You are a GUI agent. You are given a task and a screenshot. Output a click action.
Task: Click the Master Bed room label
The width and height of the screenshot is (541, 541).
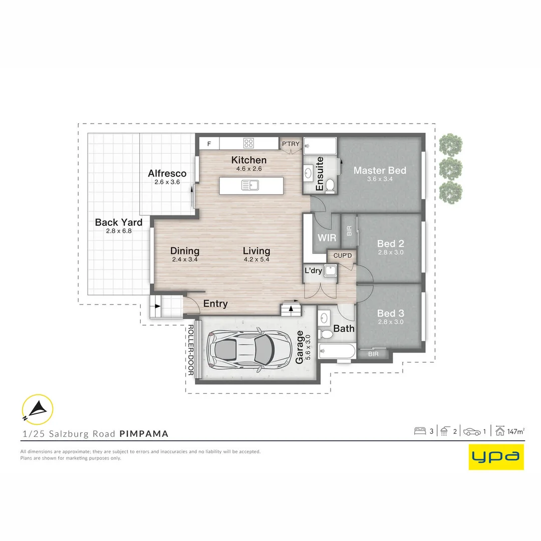coord(380,170)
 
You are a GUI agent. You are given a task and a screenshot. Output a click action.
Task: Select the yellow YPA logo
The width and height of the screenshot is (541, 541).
coord(496,457)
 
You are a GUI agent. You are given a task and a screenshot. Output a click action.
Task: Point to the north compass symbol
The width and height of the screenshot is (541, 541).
coord(37,410)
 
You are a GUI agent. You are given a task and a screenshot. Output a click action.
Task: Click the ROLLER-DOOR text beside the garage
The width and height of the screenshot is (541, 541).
coord(190,350)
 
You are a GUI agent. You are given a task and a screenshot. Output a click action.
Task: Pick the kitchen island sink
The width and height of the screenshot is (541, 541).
coord(250,186)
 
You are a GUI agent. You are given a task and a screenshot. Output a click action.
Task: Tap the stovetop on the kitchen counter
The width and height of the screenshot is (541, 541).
coord(248,143)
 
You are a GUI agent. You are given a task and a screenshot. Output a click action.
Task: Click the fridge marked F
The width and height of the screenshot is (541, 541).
coord(209,144)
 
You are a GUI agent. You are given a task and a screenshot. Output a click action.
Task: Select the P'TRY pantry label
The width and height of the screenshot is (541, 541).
coord(291,144)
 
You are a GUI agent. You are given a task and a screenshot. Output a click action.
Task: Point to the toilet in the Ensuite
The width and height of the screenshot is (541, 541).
coord(330,186)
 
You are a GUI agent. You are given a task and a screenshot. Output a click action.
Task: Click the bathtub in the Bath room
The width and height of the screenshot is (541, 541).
coord(337,351)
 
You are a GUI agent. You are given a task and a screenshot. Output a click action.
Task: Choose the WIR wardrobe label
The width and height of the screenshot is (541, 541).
coord(327,238)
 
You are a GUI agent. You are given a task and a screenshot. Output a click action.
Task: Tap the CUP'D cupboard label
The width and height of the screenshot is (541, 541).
coord(342,255)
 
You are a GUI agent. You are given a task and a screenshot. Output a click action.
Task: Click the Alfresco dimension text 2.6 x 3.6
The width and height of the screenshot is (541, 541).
coord(167,182)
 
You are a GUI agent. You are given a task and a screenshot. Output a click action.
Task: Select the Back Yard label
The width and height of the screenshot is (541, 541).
coord(119,222)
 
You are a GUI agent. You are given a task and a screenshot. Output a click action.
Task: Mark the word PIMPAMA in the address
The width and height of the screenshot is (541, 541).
coord(144,434)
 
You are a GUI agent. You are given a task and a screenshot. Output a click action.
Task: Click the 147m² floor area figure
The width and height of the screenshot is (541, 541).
coord(516,431)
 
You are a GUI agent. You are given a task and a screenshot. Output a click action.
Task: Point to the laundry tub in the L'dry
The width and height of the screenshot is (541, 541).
coord(331,270)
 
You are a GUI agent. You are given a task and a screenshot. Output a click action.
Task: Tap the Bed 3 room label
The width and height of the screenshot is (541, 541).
coord(390,313)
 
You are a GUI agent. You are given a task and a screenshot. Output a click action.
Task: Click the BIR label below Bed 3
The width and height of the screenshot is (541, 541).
coord(373,354)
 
